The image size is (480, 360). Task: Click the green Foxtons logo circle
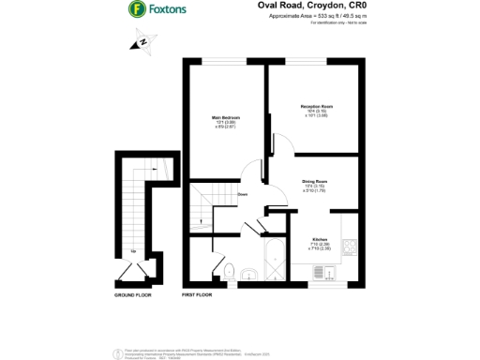point(136,9)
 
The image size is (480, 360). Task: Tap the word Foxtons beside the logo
point(169,9)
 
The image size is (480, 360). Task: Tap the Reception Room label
point(317,107)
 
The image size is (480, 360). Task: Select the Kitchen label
point(320,239)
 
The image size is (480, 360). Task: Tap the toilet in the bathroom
point(229,270)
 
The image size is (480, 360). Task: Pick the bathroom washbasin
point(248,275)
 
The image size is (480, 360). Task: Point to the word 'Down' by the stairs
point(242,194)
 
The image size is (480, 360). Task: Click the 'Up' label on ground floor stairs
point(134,250)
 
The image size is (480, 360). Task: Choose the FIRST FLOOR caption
point(197,294)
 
